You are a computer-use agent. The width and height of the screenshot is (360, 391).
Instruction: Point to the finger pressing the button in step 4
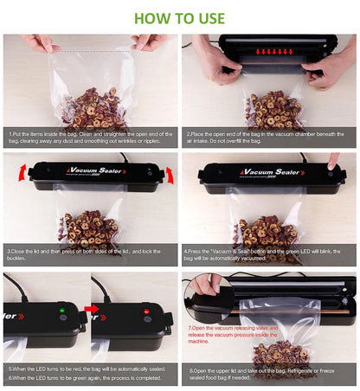coord(333,161)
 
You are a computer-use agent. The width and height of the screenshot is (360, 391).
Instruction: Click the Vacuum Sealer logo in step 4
coord(277,172)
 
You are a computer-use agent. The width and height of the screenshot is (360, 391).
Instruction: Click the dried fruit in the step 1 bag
coord(91,108)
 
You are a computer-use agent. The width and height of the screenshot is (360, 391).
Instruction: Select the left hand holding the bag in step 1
coord(38,42)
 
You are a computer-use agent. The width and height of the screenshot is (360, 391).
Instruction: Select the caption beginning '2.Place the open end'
coord(268,138)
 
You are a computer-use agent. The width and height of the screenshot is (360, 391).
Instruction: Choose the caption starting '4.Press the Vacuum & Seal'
coord(268,255)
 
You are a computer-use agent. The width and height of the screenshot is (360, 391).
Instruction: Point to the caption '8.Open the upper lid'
coord(268,373)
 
